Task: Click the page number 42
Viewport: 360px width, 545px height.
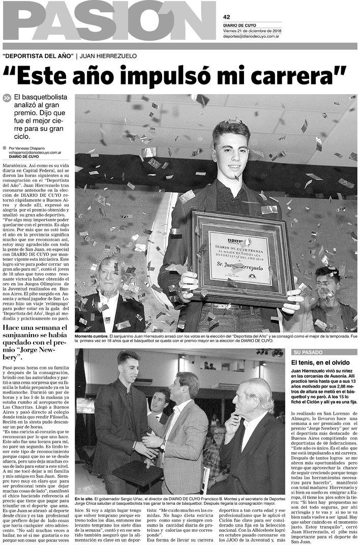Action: [x=227, y=16]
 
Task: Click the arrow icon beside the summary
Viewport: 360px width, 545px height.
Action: [x=7, y=99]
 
